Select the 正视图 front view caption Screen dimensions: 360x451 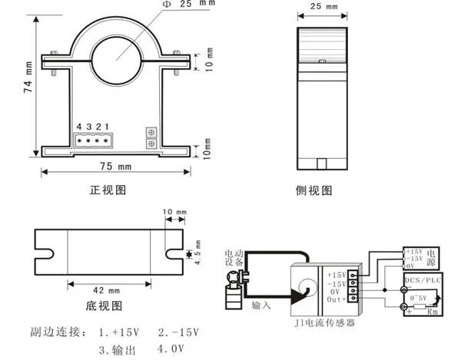click(x=108, y=189)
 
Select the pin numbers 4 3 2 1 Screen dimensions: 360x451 click(x=91, y=126)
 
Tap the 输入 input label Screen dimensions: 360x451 click(x=261, y=306)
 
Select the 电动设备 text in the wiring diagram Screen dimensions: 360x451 click(x=233, y=258)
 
